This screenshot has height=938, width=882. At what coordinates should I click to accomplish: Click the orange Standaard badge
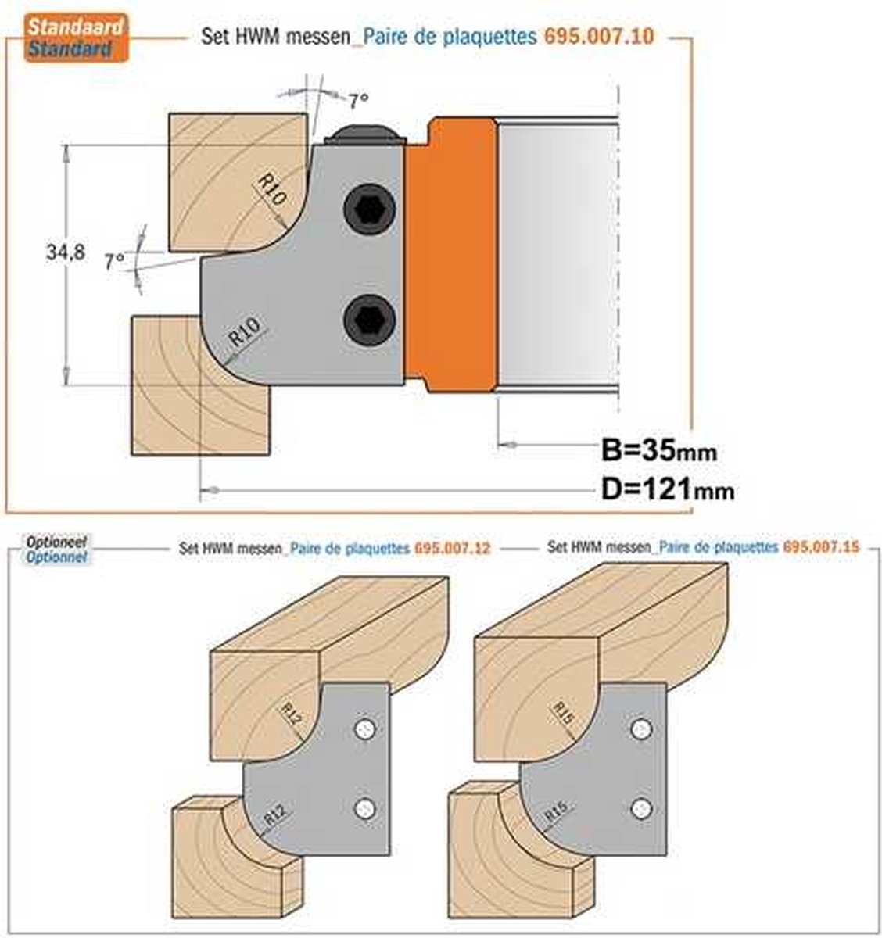click(76, 38)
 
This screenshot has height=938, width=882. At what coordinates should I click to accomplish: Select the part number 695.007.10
click(599, 37)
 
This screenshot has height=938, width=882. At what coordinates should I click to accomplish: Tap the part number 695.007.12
click(453, 548)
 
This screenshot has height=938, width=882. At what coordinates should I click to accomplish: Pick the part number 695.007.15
click(821, 547)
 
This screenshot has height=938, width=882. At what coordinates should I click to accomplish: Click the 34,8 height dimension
click(66, 252)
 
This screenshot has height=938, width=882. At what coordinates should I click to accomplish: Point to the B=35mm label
click(659, 450)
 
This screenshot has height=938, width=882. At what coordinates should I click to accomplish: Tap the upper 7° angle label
click(359, 100)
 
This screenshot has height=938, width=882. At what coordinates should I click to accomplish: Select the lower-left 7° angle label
click(115, 261)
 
